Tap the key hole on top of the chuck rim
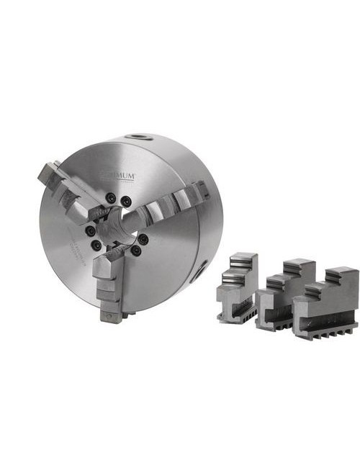pos(135,137)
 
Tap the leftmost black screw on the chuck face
pos(89,230)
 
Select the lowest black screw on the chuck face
pos(135,251)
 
